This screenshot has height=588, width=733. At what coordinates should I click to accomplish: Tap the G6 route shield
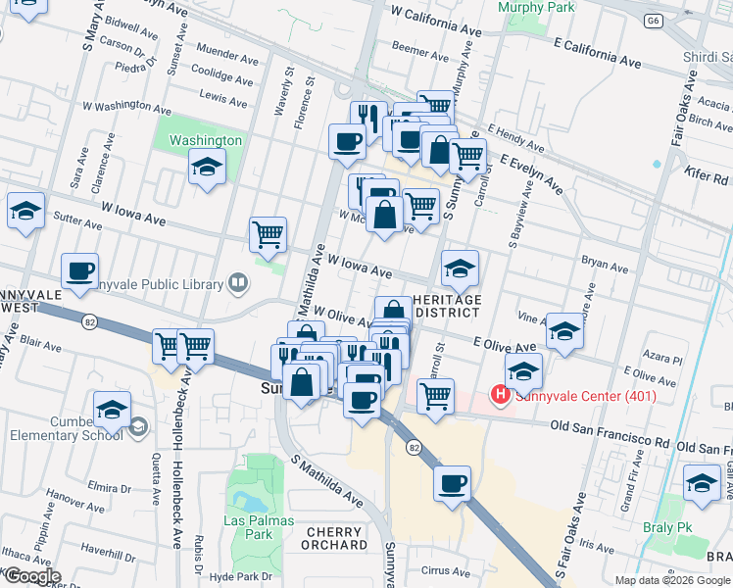coord(653,20)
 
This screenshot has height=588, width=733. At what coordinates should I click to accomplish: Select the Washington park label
coord(206,140)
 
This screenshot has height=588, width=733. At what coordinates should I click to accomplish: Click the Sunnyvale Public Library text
coord(162,284)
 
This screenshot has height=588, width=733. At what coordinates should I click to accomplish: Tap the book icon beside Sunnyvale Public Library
coord(237,284)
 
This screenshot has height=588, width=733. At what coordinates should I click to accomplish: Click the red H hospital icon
coord(501,395)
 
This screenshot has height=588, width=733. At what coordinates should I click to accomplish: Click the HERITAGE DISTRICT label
coord(447,306)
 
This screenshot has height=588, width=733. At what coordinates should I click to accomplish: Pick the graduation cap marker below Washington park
coord(208,169)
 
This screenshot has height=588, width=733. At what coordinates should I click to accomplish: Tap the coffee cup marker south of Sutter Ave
coord(79,270)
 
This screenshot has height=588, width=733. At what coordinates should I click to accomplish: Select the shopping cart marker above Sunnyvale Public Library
coord(268,234)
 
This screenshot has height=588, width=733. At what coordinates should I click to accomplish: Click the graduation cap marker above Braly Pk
coord(702,483)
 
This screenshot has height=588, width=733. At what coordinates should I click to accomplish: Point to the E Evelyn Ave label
coord(531,172)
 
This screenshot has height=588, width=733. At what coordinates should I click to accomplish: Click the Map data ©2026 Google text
coord(671,579)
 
